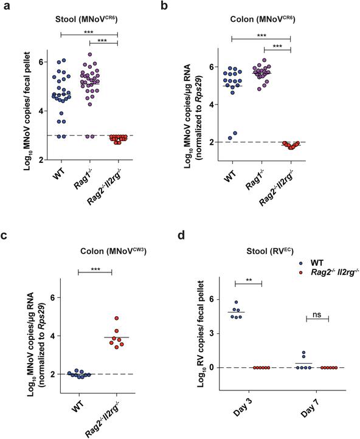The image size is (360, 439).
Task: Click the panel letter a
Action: coord(7,7)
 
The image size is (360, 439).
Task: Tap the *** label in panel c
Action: coord(95,268)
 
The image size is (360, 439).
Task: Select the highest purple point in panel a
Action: coord(90,55)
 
